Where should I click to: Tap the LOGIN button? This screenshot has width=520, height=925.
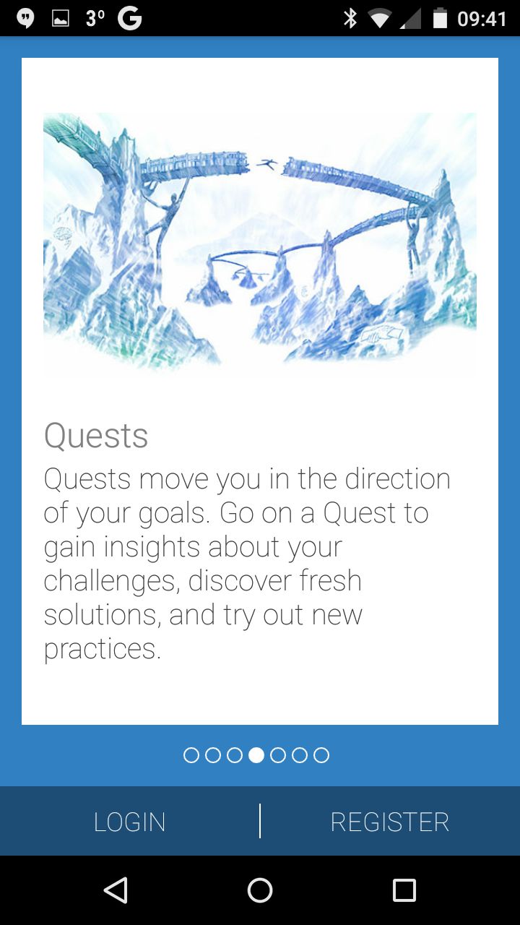(x=129, y=822)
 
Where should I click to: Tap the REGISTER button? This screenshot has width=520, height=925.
(x=389, y=822)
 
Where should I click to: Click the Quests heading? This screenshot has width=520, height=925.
(x=96, y=436)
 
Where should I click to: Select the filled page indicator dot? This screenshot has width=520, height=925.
(x=256, y=755)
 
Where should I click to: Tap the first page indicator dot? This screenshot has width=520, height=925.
(x=191, y=755)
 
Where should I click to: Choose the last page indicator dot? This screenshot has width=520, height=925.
(x=321, y=755)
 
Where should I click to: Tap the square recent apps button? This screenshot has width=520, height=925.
(x=404, y=890)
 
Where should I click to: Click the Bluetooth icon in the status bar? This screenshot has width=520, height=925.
(x=350, y=19)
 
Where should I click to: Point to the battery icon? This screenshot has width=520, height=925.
(x=440, y=18)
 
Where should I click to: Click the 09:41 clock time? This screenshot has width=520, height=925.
(x=482, y=19)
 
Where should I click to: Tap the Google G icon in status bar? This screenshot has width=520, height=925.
(x=129, y=19)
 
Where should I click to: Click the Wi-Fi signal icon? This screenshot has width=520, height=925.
(x=380, y=19)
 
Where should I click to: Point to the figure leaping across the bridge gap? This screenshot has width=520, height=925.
(x=267, y=164)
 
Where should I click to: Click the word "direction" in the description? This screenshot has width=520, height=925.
(x=397, y=479)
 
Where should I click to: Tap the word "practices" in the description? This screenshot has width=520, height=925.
(x=102, y=649)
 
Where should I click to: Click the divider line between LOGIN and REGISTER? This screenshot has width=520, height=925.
(x=259, y=821)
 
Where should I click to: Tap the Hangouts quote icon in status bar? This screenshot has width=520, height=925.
(x=25, y=19)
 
